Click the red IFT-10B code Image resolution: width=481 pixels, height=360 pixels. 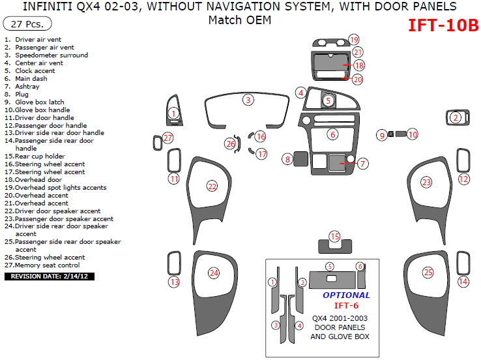443,25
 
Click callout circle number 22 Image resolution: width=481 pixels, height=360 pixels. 212,187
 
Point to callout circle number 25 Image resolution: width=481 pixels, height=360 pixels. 428,273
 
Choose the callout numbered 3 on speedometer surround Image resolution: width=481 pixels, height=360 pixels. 248,100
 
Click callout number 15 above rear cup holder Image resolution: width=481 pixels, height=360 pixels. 334,236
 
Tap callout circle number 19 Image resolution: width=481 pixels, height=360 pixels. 354,40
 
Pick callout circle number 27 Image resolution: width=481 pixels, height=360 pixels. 168,138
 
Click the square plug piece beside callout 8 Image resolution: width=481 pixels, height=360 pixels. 301,158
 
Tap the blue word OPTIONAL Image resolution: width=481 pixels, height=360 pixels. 346,295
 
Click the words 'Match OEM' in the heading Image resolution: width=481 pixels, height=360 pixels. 239,20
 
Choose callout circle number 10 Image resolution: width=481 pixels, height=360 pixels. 412,134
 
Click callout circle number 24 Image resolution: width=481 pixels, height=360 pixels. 214,273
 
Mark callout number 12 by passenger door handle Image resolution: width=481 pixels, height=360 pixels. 463,179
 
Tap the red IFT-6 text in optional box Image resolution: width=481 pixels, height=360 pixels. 346,305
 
